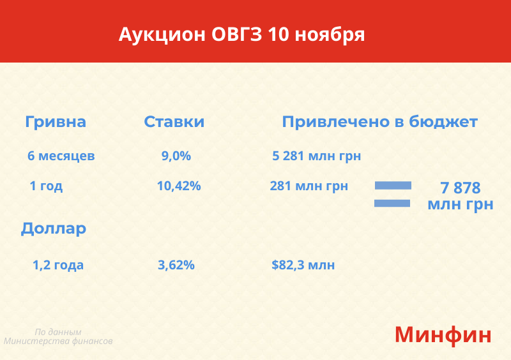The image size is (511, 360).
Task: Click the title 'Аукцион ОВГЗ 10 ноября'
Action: pyautogui.click(x=241, y=34)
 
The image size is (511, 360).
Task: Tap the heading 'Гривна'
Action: pyautogui.click(x=56, y=122)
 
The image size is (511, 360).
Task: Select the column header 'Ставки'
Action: pyautogui.click(x=174, y=122)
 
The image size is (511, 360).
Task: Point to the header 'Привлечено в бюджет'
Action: pyautogui.click(x=379, y=122)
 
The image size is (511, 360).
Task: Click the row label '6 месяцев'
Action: pyautogui.click(x=61, y=156)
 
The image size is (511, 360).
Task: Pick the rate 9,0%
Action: pyautogui.click(x=176, y=156)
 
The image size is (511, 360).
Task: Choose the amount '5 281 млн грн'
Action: pyautogui.click(x=316, y=156)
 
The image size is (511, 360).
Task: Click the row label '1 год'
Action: pyautogui.click(x=46, y=186)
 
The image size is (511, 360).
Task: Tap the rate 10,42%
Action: pyautogui.click(x=179, y=186)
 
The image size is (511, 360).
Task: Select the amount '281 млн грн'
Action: pyautogui.click(x=309, y=186)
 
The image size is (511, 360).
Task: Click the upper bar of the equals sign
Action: pyautogui.click(x=393, y=185)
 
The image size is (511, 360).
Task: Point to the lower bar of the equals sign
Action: pyautogui.click(x=392, y=203)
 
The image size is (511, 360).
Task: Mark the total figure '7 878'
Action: pyautogui.click(x=460, y=188)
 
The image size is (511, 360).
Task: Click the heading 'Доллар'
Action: pyautogui.click(x=54, y=229)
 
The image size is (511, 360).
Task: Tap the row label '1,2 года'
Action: pyautogui.click(x=58, y=265)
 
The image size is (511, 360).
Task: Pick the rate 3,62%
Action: pyautogui.click(x=176, y=265)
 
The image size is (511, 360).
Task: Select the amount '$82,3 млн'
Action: pyautogui.click(x=303, y=265)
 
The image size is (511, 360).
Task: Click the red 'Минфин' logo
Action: pyautogui.click(x=443, y=335)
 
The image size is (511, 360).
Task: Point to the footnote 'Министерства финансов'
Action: pyautogui.click(x=58, y=341)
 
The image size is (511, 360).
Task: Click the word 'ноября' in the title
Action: pyautogui.click(x=330, y=35)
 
